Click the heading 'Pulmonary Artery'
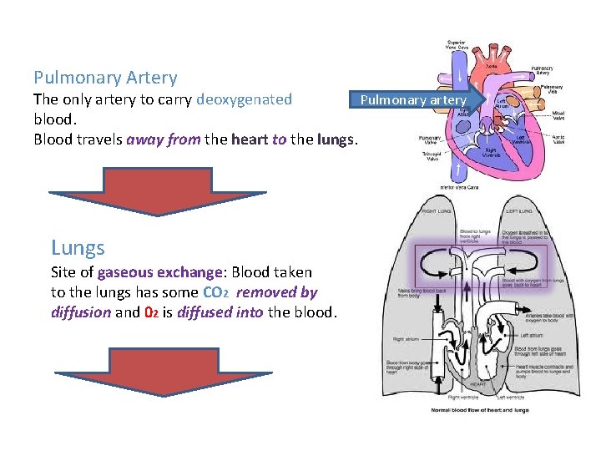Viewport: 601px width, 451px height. point(105,78)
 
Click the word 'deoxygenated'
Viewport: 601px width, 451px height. point(244,99)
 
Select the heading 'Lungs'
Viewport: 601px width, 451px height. point(78,247)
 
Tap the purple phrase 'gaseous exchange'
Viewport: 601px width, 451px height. point(160,272)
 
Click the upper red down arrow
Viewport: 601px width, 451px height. point(157,190)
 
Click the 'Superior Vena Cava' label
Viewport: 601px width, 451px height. point(457,44)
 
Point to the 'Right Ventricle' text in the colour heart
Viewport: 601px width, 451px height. point(495,152)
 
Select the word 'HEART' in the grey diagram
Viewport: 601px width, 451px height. point(477,385)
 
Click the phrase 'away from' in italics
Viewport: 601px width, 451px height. point(163,139)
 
